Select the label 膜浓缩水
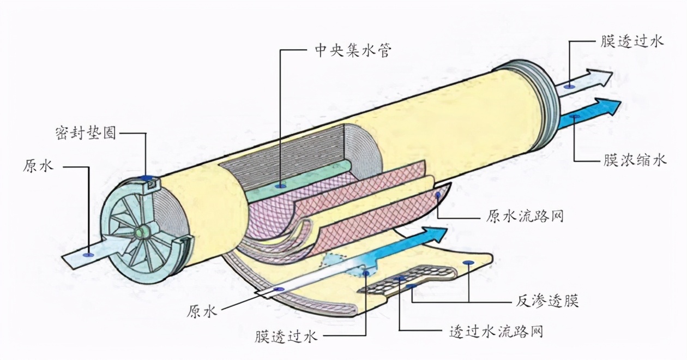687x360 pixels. pyautogui.click(x=634, y=160)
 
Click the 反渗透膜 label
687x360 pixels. pyautogui.click(x=547, y=300)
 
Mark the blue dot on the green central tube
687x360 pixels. pyautogui.click(x=281, y=187)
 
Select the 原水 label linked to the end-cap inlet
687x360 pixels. pyautogui.click(x=38, y=166)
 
